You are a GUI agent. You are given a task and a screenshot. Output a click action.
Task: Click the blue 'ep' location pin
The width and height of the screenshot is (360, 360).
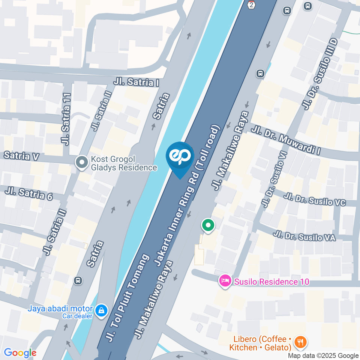click(x=180, y=157)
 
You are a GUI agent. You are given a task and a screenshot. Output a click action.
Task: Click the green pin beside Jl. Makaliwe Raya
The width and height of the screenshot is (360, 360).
click(x=208, y=226)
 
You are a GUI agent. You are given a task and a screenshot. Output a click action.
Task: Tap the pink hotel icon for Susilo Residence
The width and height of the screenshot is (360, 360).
click(x=225, y=281)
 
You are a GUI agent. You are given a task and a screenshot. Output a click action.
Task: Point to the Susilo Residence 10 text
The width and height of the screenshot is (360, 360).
click(x=272, y=282)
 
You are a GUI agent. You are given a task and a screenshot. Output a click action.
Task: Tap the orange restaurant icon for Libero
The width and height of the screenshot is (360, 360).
click(x=300, y=342)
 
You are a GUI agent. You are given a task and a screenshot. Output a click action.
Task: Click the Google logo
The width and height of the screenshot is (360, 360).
click(x=20, y=353)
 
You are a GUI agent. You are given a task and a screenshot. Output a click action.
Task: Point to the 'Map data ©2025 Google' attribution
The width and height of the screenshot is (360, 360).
click(x=323, y=355)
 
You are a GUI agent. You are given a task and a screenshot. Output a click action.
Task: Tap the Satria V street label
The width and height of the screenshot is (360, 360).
click(x=21, y=156)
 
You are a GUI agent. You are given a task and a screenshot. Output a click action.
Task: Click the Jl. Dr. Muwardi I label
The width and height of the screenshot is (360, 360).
click(x=286, y=140)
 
